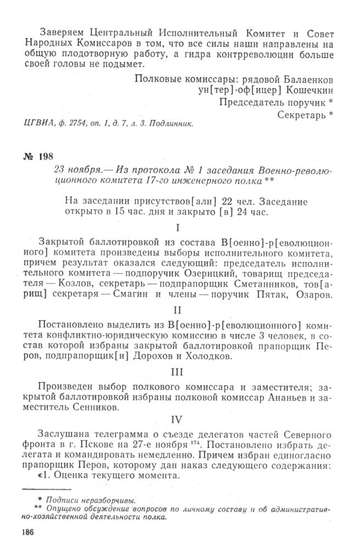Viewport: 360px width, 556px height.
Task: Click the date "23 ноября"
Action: pyautogui.click(x=77, y=171)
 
